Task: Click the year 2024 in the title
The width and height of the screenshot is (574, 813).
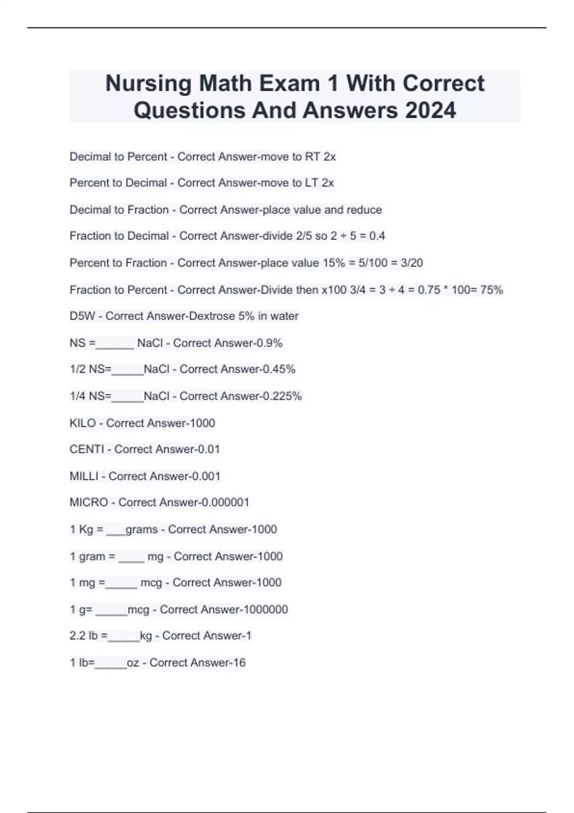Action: coord(430,110)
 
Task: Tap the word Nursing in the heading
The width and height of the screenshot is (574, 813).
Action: coord(148,84)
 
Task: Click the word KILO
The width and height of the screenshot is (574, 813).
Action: coord(83,423)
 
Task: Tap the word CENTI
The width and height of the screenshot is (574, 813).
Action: coord(87,450)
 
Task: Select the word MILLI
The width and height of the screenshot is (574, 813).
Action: coord(84,476)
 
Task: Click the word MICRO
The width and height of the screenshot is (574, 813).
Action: coord(89,503)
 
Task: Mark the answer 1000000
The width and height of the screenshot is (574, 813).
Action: coord(265,609)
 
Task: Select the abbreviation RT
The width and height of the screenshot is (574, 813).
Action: coord(312,157)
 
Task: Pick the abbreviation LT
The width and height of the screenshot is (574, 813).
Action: coord(311,183)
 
